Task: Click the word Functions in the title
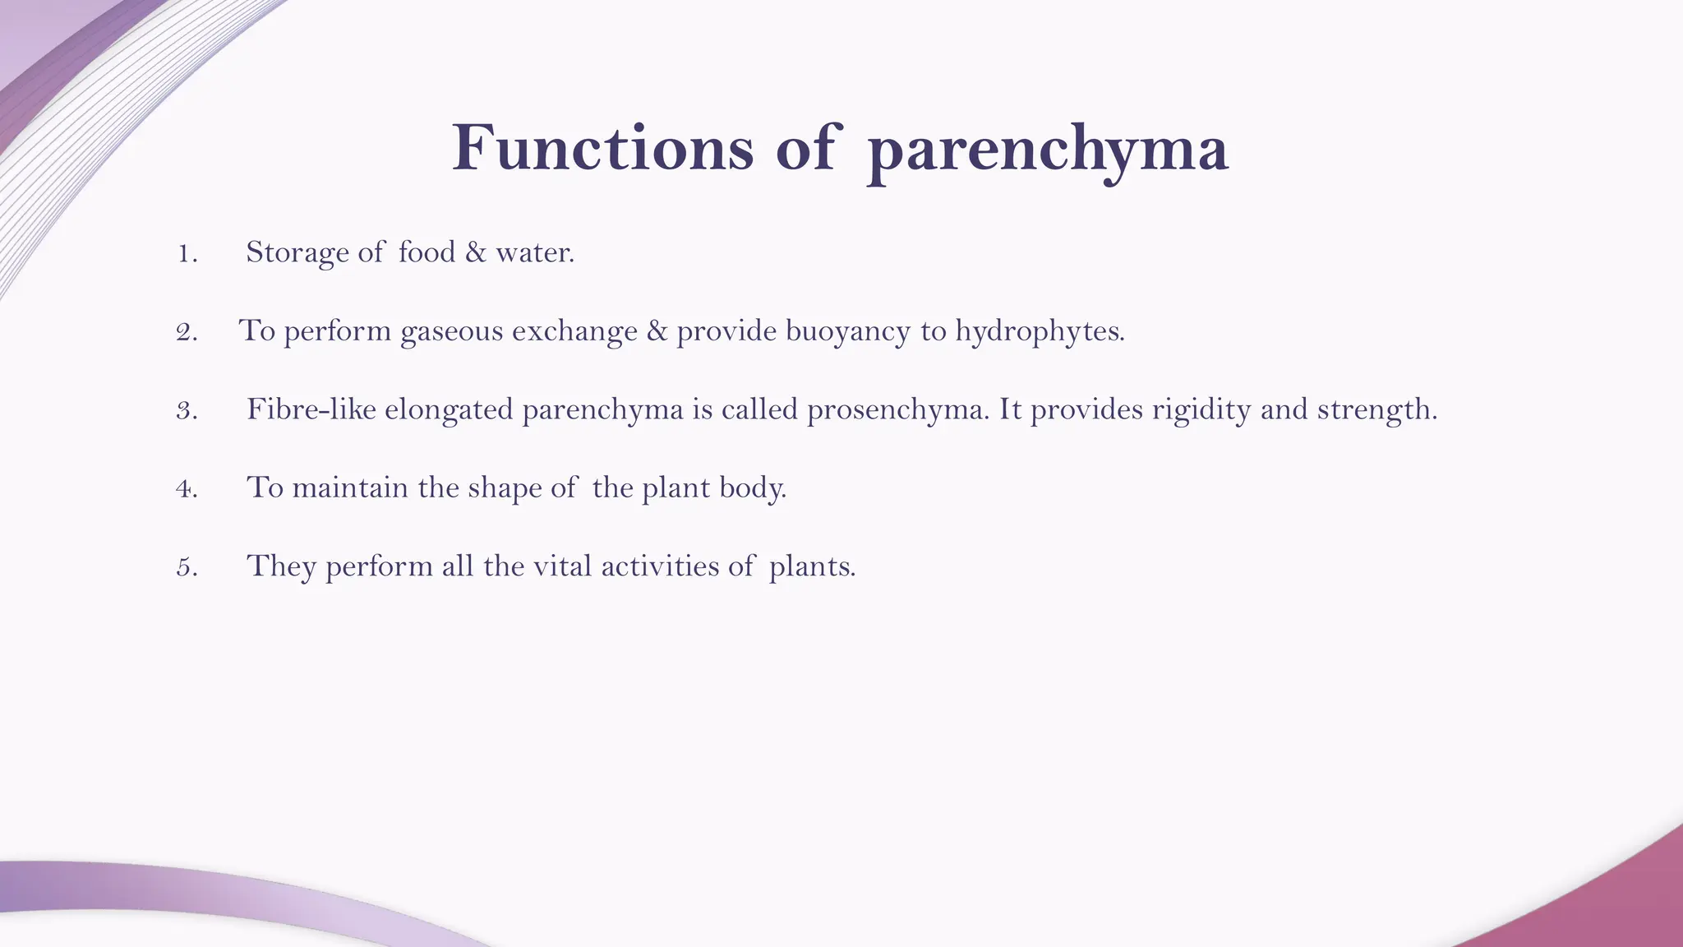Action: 602,148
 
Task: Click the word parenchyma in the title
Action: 1048,151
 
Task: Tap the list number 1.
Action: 187,253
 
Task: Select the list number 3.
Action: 187,410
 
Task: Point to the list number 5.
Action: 187,567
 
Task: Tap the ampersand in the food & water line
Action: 475,252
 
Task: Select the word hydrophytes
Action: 1039,331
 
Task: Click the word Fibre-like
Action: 311,409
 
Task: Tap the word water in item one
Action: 534,252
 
